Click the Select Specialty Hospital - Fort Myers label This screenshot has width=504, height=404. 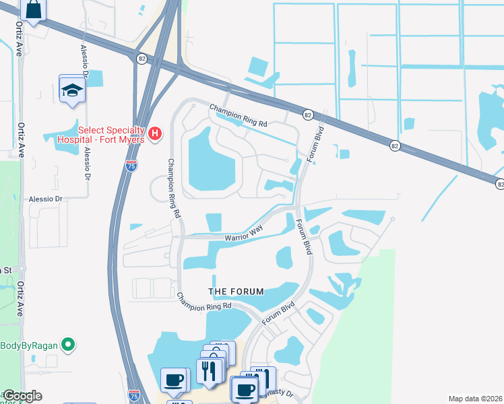pos(111,135)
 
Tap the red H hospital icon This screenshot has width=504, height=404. pos(156,135)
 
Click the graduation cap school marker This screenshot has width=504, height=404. pos(71,90)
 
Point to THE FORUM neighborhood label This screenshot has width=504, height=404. pos(234,291)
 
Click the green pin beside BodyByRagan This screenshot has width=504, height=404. pos(67,346)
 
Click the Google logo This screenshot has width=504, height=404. pos(22,396)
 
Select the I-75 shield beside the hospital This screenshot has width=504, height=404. pos(131,164)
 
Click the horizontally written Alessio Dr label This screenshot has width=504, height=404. pos(45,199)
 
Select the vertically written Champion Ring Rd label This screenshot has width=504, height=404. pos(174,188)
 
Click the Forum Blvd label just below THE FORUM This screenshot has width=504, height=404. pos(278,312)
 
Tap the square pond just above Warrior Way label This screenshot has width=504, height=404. pos(213,222)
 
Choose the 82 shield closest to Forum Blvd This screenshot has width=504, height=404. pos(307,115)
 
